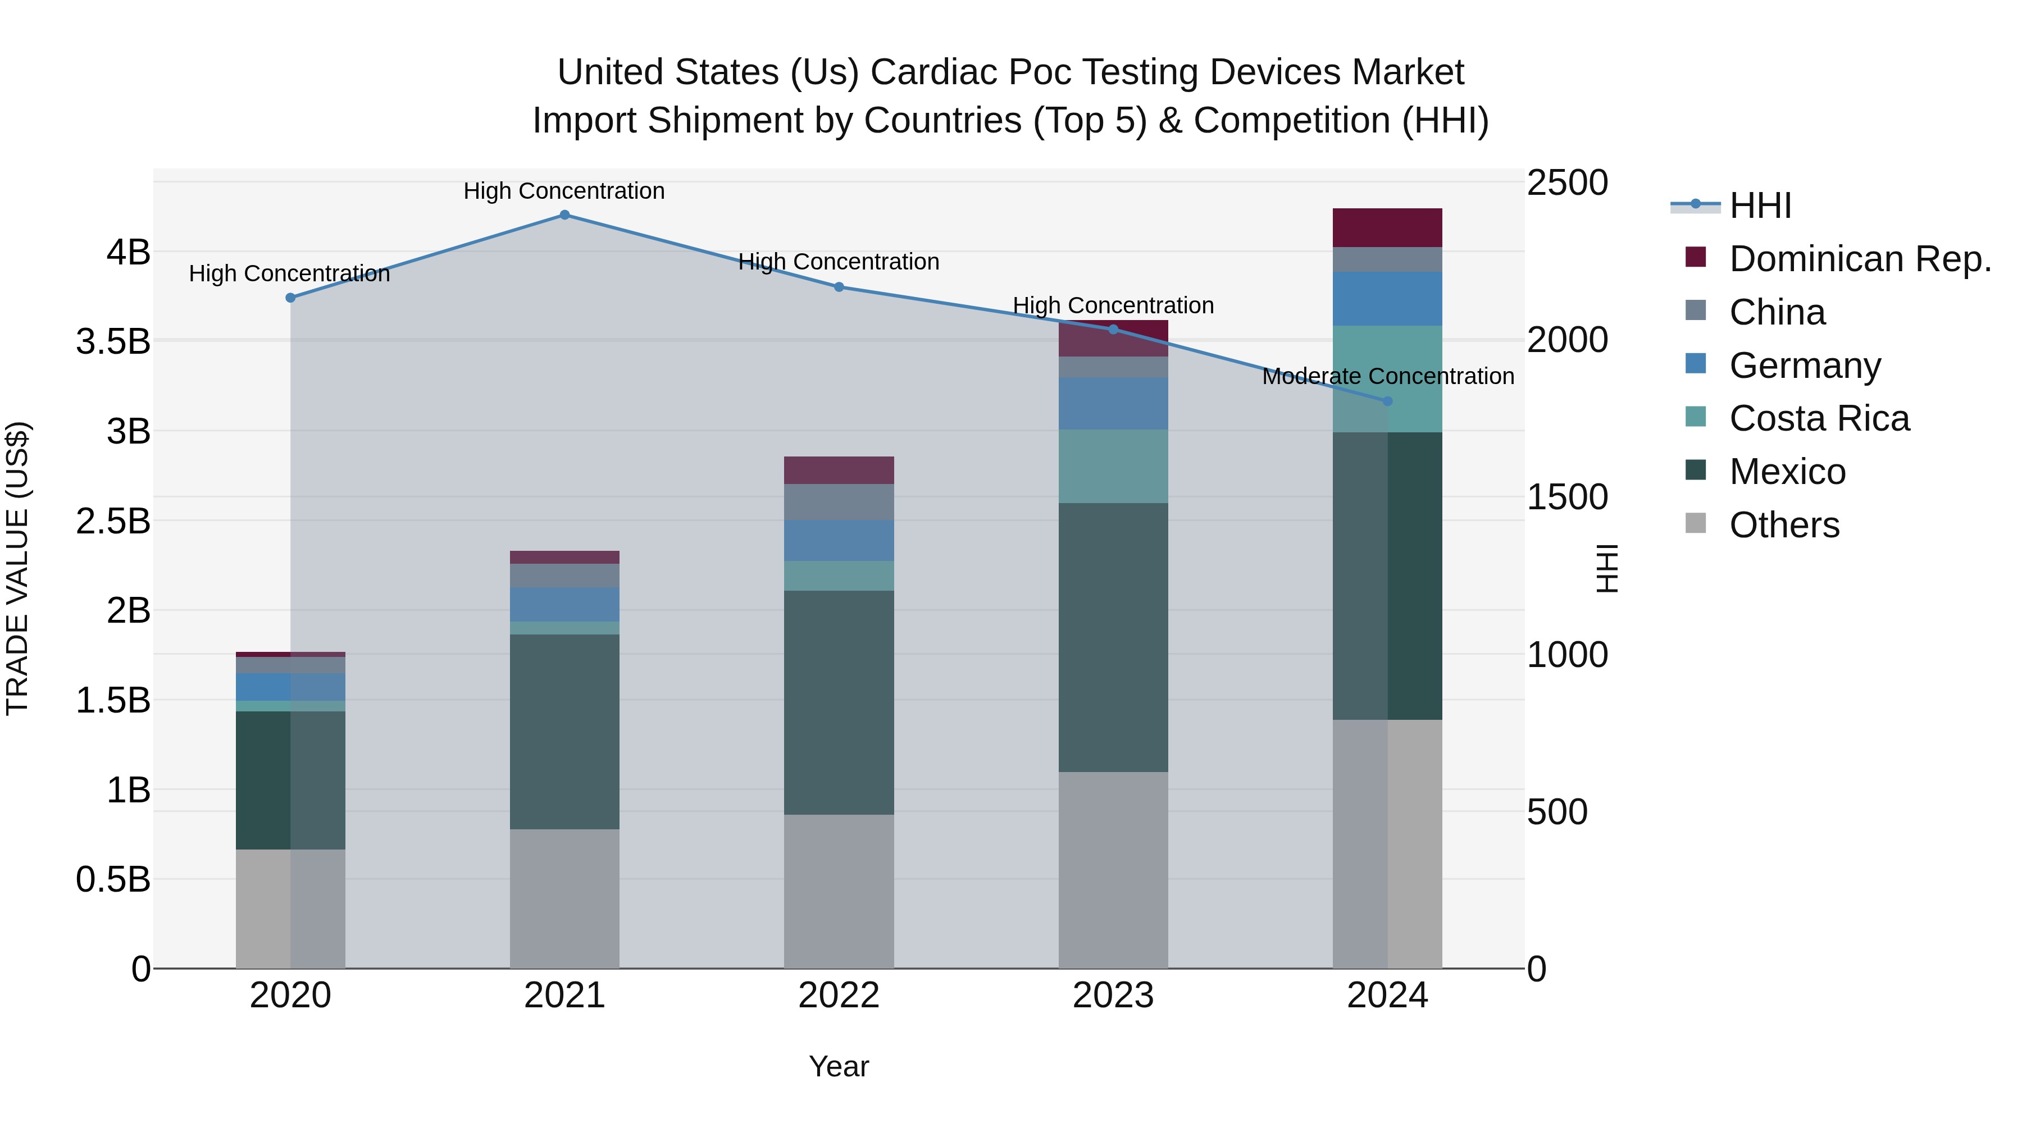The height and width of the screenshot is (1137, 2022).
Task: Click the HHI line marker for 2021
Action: (564, 215)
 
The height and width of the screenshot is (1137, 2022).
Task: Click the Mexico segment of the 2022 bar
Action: (839, 702)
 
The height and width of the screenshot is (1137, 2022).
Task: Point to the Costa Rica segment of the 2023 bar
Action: (1113, 466)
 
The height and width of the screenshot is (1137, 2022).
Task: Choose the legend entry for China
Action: (1777, 312)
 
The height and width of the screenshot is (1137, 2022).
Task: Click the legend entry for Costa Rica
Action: (1819, 418)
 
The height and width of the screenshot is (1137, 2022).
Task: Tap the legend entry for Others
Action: (1784, 525)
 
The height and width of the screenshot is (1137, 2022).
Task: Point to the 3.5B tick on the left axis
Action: (113, 342)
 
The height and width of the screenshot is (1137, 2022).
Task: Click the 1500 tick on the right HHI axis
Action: (1566, 497)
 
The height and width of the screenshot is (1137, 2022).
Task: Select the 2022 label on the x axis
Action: (839, 996)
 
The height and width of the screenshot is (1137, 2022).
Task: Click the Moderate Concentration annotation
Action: (1388, 377)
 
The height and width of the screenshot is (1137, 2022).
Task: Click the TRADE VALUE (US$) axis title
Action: (17, 568)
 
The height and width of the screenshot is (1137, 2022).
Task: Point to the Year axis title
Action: (839, 1066)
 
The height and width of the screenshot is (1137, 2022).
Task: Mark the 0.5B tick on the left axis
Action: (113, 880)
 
